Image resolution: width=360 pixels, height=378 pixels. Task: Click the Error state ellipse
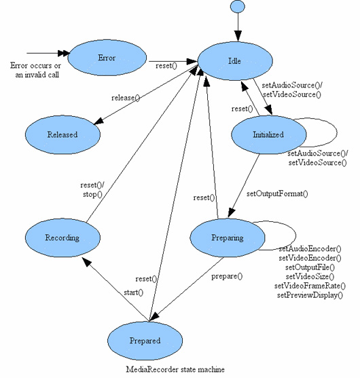(x=107, y=58)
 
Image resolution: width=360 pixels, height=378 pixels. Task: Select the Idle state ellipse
(x=235, y=61)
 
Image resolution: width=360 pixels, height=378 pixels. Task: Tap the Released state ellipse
(x=62, y=134)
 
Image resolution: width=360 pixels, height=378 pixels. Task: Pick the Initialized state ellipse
(x=269, y=134)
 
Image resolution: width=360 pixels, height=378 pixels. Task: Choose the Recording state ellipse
(x=62, y=238)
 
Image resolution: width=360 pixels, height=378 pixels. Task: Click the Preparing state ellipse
(x=228, y=238)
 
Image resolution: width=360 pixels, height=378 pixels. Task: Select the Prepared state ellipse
(x=145, y=341)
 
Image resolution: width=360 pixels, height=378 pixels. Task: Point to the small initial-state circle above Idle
(x=238, y=7)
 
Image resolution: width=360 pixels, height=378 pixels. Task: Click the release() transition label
(x=126, y=98)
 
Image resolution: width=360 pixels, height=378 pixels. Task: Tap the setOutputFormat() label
(x=277, y=193)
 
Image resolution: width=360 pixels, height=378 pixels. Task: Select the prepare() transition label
(x=227, y=276)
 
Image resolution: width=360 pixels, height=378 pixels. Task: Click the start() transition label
(x=133, y=292)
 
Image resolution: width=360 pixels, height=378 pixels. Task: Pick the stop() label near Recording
(x=92, y=194)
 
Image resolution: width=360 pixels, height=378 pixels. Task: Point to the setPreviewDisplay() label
(x=310, y=295)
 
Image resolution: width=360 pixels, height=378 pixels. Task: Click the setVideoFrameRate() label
(x=310, y=286)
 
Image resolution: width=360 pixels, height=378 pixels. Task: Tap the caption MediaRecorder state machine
(x=175, y=369)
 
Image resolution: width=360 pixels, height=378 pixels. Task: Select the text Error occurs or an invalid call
(x=36, y=70)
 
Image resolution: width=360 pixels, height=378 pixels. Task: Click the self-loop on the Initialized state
(x=337, y=132)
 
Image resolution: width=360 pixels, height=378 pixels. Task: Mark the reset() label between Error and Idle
(x=166, y=66)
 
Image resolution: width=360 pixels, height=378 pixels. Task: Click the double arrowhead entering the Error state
(x=64, y=54)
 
